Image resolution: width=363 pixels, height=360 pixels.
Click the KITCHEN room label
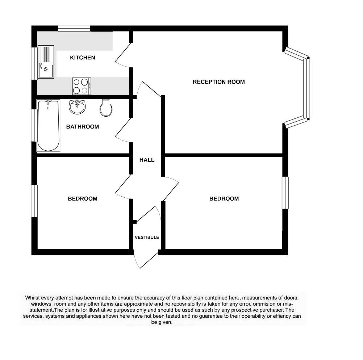click(83, 58)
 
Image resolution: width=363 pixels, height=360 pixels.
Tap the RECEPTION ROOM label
click(218, 82)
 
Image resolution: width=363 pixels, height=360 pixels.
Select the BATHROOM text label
click(83, 127)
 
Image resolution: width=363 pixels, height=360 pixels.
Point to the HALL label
click(147, 160)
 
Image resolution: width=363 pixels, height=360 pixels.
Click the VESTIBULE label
click(147, 238)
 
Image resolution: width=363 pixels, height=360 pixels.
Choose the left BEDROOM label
click(83, 198)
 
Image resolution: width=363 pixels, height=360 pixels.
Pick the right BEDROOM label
click(224, 198)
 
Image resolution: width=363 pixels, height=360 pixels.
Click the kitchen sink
click(46, 62)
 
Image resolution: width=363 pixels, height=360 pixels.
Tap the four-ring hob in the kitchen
click(82, 86)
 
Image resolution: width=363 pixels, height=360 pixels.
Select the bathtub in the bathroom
click(48, 125)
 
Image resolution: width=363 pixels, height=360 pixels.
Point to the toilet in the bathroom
click(106, 108)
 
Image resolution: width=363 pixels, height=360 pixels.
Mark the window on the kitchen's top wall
click(74, 28)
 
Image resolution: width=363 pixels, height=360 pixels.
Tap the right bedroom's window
click(285, 193)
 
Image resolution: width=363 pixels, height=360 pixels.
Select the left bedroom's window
click(34, 201)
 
